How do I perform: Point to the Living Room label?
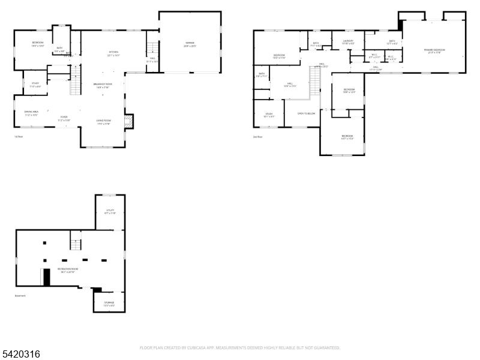coord(103,122)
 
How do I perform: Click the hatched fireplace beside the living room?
coord(127,122)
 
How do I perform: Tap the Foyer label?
coord(64,118)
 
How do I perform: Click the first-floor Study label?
coord(35,84)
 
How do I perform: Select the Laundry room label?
coord(348,41)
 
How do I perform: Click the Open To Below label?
coord(307,113)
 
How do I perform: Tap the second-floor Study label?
coord(269,115)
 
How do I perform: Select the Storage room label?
coord(109,303)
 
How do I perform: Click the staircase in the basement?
coord(76,244)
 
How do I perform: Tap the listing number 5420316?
coord(21,355)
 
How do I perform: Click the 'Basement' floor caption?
coord(20,296)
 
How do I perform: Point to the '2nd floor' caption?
coord(258,137)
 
